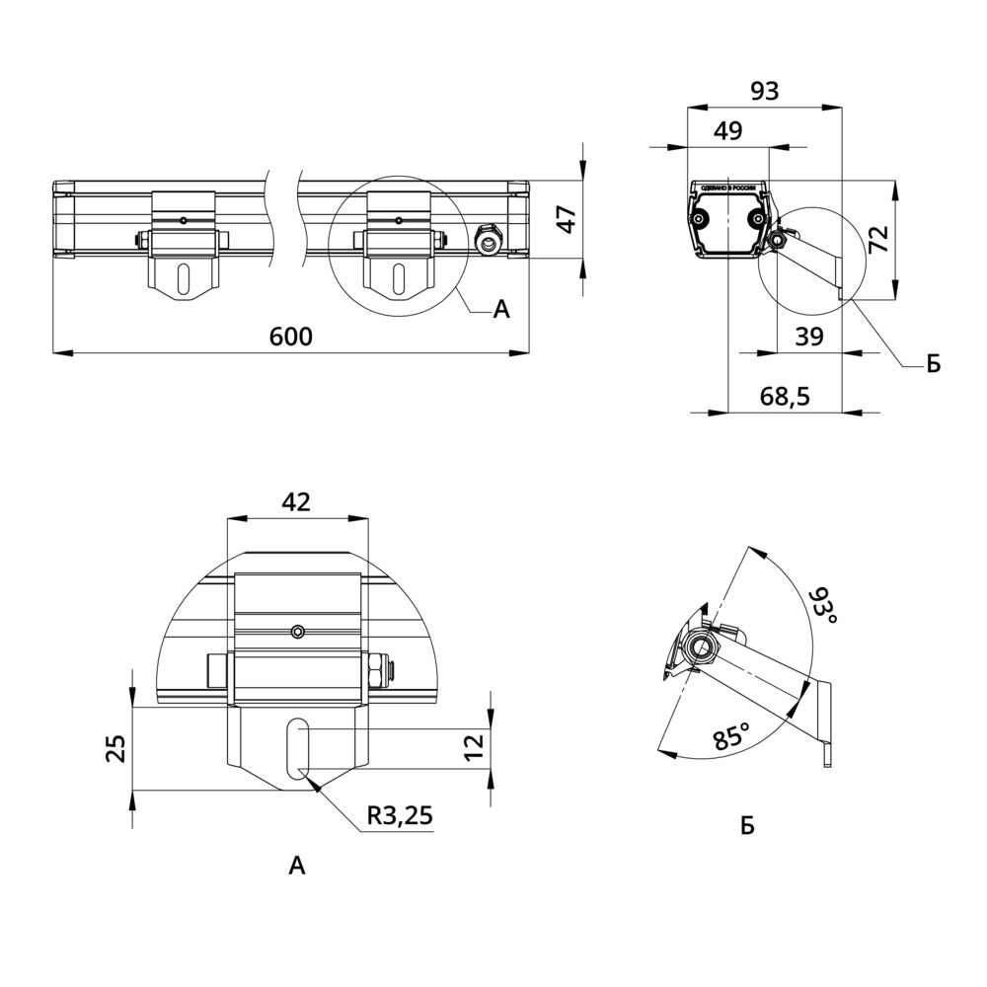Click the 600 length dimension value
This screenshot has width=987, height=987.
(290, 337)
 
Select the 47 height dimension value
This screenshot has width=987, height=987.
(565, 219)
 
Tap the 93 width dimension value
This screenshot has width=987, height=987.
(764, 91)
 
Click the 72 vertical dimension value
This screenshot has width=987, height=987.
(879, 240)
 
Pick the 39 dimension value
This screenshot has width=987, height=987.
(808, 337)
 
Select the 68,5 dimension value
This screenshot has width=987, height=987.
(785, 397)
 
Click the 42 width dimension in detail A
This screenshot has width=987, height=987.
(296, 501)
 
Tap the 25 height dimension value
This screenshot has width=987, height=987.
(116, 748)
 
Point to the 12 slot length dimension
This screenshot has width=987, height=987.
(475, 746)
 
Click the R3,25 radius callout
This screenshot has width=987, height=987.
(399, 815)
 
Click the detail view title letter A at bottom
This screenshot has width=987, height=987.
(297, 867)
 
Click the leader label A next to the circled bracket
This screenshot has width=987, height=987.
(501, 310)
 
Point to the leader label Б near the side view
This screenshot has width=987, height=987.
(933, 365)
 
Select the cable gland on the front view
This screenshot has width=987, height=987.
(488, 238)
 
